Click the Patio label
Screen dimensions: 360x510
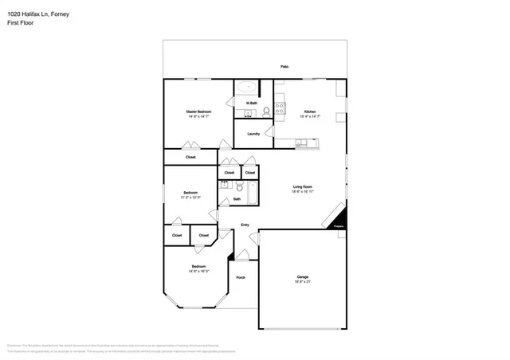284,66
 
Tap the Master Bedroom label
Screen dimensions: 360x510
198,112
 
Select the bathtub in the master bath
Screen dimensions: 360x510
247,87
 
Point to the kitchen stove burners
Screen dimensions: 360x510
280,108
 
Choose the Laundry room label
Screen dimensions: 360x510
253,134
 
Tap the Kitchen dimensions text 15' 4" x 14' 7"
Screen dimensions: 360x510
309,116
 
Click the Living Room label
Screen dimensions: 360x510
303,186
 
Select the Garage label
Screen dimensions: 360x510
303,276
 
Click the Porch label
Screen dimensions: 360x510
241,277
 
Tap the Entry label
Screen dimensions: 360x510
245,225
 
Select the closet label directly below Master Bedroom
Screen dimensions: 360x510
190,157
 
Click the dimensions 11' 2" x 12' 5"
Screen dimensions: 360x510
190,197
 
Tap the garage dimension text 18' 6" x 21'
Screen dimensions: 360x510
303,282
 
